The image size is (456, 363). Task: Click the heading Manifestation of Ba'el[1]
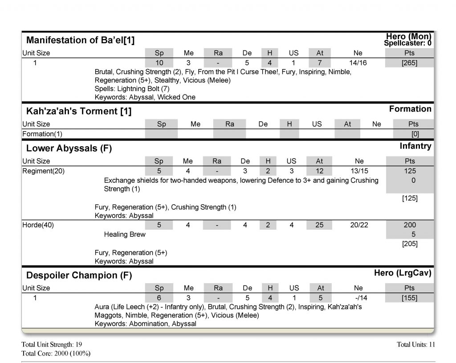(80, 40)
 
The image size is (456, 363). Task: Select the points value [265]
(409, 63)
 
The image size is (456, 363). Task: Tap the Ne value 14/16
(358, 63)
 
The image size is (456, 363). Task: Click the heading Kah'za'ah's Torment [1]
(79, 111)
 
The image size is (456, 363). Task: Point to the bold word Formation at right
(410, 109)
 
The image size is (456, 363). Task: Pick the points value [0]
(415, 134)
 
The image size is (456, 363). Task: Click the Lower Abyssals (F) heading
(69, 148)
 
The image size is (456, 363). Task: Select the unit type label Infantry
(415, 146)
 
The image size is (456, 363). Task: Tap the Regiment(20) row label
(43, 171)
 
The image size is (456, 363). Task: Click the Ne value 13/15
(359, 171)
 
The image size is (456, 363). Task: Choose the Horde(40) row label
(38, 225)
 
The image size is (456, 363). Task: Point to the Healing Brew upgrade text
(125, 234)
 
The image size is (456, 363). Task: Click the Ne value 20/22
(359, 225)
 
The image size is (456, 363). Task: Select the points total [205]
(409, 243)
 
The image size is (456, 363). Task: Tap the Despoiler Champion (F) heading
(79, 275)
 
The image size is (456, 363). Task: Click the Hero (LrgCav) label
(403, 273)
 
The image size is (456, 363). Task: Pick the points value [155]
(409, 298)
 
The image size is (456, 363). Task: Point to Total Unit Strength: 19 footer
(52, 344)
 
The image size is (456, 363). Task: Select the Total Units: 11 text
(415, 344)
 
